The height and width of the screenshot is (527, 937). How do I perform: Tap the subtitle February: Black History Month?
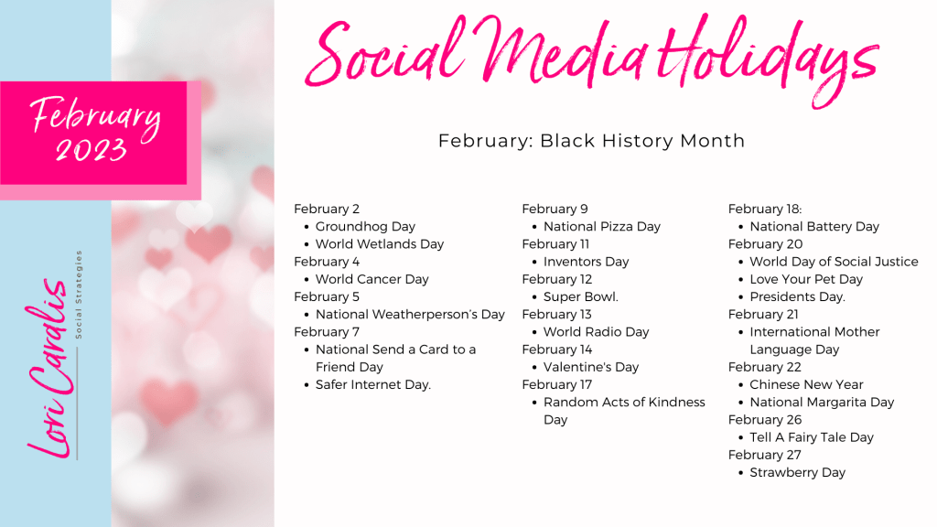pyautogui.click(x=591, y=141)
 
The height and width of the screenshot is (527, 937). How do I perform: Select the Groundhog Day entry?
pyautogui.click(x=365, y=226)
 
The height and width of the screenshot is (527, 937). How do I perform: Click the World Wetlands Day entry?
pyautogui.click(x=379, y=244)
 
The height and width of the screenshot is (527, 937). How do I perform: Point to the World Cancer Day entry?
pyautogui.click(x=372, y=279)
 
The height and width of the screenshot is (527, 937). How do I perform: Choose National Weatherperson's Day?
pyautogui.click(x=410, y=314)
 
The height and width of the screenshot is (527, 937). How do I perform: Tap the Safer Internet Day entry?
pyautogui.click(x=372, y=384)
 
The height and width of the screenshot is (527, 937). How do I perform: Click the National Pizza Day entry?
pyautogui.click(x=601, y=226)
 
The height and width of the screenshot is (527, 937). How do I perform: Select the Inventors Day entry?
pyautogui.click(x=586, y=262)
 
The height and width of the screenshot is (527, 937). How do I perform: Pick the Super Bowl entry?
pyautogui.click(x=580, y=296)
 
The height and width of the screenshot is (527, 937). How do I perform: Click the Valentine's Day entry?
pyautogui.click(x=591, y=367)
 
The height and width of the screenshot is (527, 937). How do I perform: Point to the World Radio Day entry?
pyautogui.click(x=596, y=332)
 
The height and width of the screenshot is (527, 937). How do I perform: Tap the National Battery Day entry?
pyautogui.click(x=813, y=226)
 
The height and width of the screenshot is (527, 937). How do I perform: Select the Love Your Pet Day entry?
pyautogui.click(x=805, y=279)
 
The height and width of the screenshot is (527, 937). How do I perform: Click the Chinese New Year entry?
pyautogui.click(x=806, y=384)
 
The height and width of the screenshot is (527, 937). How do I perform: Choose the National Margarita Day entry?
pyautogui.click(x=822, y=402)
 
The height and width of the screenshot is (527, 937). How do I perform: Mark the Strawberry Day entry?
pyautogui.click(x=797, y=472)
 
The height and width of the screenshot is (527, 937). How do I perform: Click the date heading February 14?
pyautogui.click(x=556, y=350)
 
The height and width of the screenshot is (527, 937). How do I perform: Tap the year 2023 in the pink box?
pyautogui.click(x=92, y=148)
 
